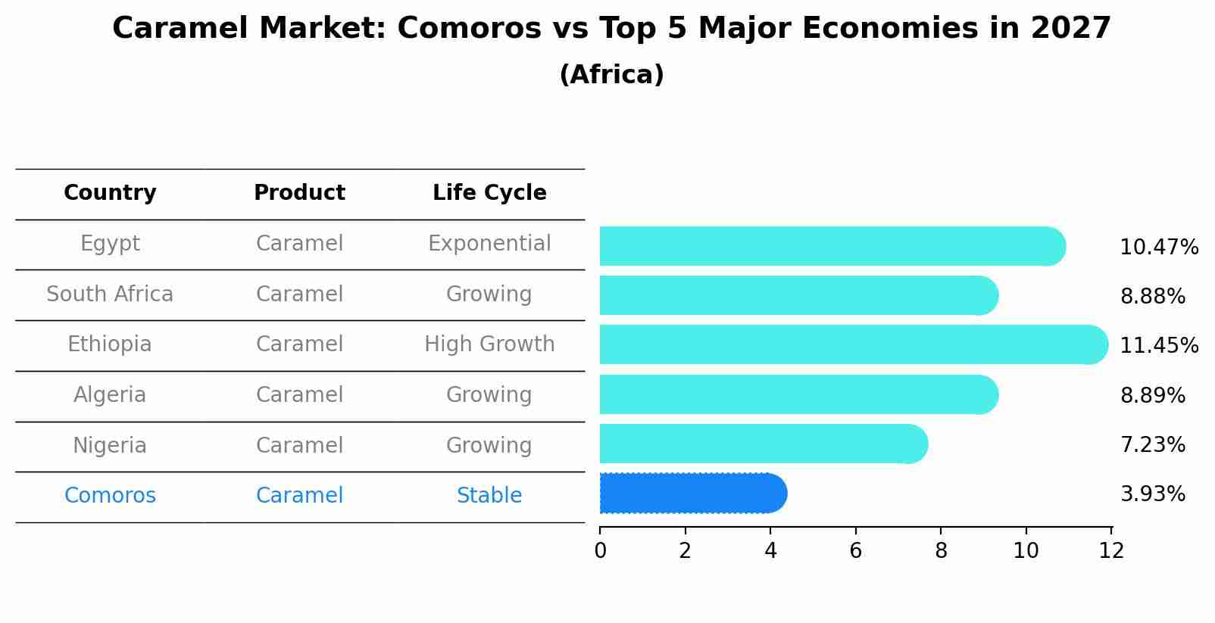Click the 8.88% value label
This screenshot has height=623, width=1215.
coord(1152,297)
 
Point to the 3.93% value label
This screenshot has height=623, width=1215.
coord(1152,494)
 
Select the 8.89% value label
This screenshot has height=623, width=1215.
coord(1152,396)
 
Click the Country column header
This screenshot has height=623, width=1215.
coord(110,193)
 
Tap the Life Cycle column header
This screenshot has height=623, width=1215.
coord(489,193)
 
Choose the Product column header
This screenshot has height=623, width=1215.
coord(299,193)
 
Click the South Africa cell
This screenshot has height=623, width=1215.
coord(110,294)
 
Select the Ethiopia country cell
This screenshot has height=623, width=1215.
coord(110,344)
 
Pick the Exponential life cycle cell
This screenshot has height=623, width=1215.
coord(489,244)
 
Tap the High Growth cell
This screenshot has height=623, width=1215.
coord(489,344)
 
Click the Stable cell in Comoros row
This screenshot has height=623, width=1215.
coord(489,496)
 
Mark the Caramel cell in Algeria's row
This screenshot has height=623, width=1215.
coord(299,395)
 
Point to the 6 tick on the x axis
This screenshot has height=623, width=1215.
coord(856,551)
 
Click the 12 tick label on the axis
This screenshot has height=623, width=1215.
coord(1111,551)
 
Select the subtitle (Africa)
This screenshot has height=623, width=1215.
coord(611,75)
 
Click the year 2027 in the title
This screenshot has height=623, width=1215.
coord(1070,29)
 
